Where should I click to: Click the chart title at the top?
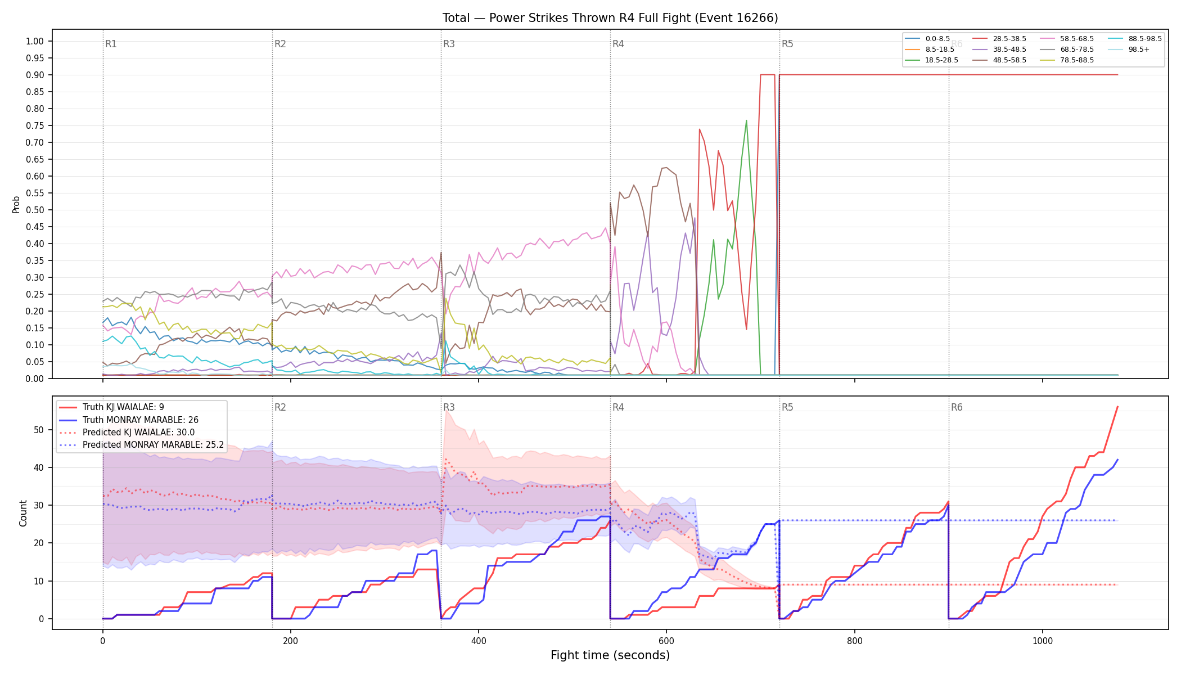tap(610, 18)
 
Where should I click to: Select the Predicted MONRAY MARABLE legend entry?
tap(141, 445)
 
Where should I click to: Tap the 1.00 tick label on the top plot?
tap(35, 41)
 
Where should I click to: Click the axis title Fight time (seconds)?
tap(610, 655)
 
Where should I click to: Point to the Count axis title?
tap(23, 513)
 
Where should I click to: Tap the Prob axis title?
tap(16, 204)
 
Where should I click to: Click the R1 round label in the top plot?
tap(111, 44)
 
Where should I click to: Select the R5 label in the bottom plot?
tap(787, 407)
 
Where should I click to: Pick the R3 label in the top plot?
tap(449, 44)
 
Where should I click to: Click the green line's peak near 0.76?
tap(746, 120)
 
